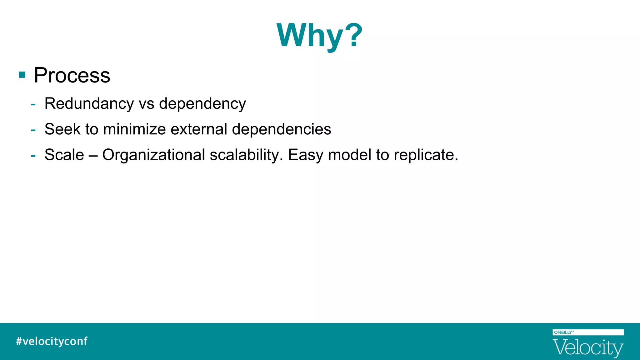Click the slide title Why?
319,35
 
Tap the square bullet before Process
22,75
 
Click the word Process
72,75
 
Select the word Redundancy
89,103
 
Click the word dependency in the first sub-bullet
202,104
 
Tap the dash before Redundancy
33,104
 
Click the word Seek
62,129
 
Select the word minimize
134,129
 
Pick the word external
199,129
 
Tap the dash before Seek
33,130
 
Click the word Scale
64,155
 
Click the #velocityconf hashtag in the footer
52,341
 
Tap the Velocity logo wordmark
588,347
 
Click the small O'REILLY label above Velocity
563,332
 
